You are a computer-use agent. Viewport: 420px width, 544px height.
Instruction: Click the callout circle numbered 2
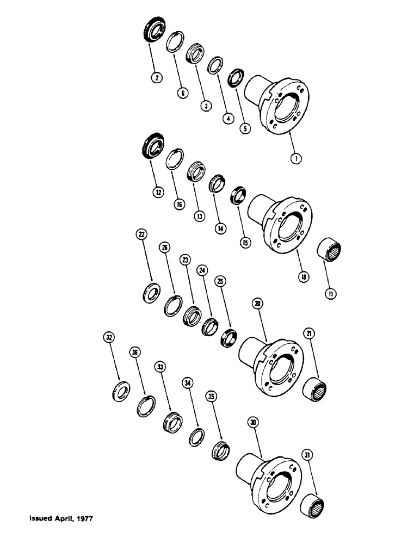157,78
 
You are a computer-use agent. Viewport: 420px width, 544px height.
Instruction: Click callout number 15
246,243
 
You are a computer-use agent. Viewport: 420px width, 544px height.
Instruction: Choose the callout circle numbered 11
330,294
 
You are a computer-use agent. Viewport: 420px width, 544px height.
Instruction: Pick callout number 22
141,234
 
